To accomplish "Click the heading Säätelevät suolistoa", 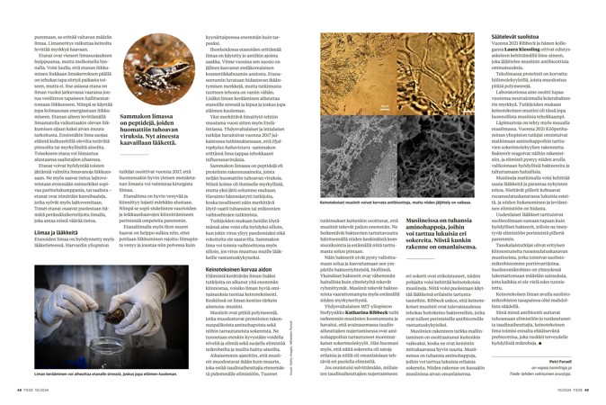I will coord(486,7).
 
